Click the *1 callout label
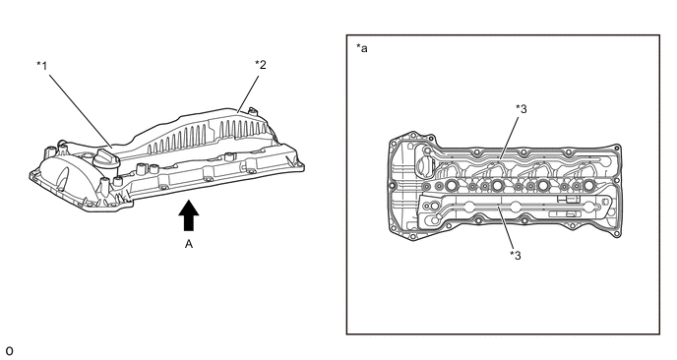pyautogui.click(x=42, y=66)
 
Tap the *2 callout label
pyautogui.click(x=261, y=65)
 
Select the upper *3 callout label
pyautogui.click(x=522, y=109)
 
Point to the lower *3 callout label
pyautogui.click(x=516, y=256)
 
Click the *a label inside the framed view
pyautogui.click(x=362, y=48)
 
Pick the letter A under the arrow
pyautogui.click(x=189, y=244)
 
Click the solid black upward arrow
pyautogui.click(x=189, y=215)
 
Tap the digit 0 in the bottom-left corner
pyautogui.click(x=10, y=351)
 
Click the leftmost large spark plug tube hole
pyautogui.click(x=451, y=186)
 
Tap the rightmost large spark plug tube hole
pyautogui.click(x=588, y=186)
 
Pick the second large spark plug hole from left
pyautogui.click(x=497, y=186)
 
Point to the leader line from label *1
pyautogui.click(x=80, y=111)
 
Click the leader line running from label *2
pyautogui.click(x=248, y=94)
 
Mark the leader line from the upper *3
pyautogui.click(x=509, y=138)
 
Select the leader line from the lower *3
pyautogui.click(x=506, y=227)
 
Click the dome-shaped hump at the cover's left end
pyautogui.click(x=58, y=173)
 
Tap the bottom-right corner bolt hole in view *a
pyautogui.click(x=617, y=233)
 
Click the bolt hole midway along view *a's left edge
pyautogui.click(x=393, y=186)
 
